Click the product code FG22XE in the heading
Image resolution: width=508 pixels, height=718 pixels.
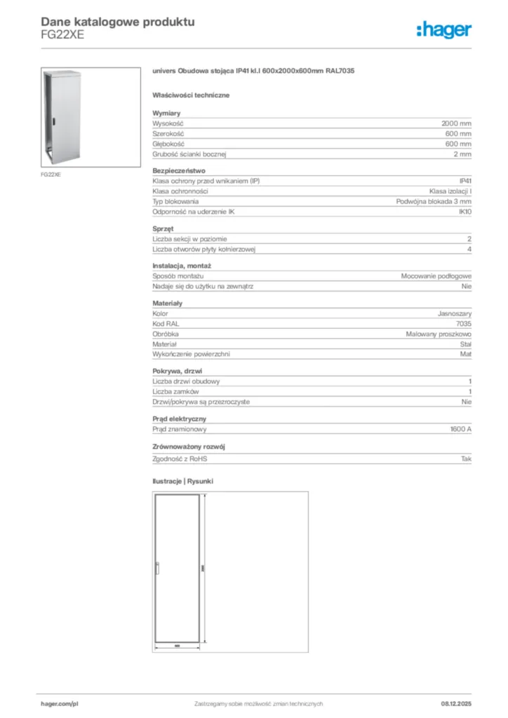pos(62,36)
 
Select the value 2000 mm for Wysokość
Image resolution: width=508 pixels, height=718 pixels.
pos(456,123)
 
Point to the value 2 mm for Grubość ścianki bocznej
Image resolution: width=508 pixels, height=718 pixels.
pos(462,154)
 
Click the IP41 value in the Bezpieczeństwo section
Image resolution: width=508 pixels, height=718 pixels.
pos(464,181)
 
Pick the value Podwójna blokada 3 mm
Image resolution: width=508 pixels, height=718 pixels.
pos(434,201)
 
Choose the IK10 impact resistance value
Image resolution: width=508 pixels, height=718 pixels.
pos(464,211)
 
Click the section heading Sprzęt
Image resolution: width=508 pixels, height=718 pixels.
pos(163,229)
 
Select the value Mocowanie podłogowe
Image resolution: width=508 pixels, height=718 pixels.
pos(436,276)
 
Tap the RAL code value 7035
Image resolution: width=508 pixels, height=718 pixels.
pos(463,324)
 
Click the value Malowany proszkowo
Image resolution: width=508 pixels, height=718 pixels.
pos(438,334)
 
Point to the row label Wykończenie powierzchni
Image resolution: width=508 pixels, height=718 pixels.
pos(191,354)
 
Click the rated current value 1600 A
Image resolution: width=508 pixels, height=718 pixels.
pos(460,429)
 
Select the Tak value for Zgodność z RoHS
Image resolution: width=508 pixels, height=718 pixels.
pos(466,459)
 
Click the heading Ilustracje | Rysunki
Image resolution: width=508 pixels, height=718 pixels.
pos(182,482)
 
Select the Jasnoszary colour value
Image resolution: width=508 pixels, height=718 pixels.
pos(454,314)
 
